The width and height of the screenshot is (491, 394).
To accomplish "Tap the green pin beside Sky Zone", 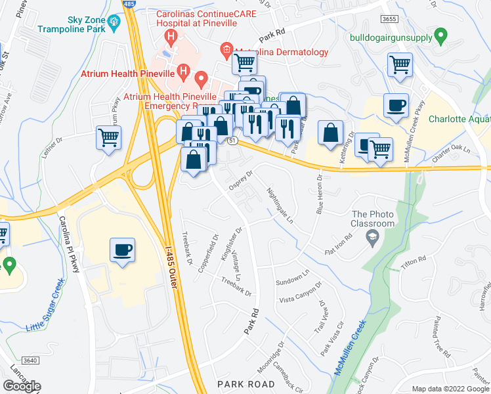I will pyautogui.click(x=114, y=22).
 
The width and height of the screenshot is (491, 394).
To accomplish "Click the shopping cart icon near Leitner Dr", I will pyautogui.click(x=109, y=138).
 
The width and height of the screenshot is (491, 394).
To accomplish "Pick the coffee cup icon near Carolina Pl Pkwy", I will pyautogui.click(x=123, y=250).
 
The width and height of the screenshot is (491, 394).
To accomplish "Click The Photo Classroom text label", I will pyautogui.click(x=374, y=219).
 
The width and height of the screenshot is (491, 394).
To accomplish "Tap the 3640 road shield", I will pyautogui.click(x=29, y=360).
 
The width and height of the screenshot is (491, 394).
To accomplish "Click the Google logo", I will pyautogui.click(x=22, y=386).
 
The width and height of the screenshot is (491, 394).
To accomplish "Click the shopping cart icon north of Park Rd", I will pyautogui.click(x=244, y=63).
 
